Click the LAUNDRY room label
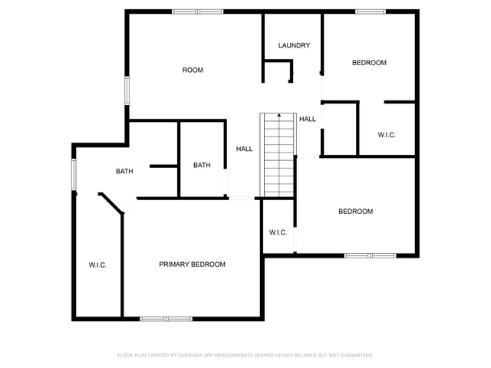pyautogui.click(x=294, y=45)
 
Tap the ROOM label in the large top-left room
pyautogui.click(x=193, y=70)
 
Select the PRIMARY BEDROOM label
pyautogui.click(x=192, y=264)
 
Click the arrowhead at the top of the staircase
pyautogui.click(x=279, y=115)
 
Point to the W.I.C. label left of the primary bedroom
pyautogui.click(x=97, y=265)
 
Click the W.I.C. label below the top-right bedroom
pyautogui.click(x=387, y=135)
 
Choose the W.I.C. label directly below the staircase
pyautogui.click(x=278, y=232)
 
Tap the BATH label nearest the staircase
pyautogui.click(x=202, y=166)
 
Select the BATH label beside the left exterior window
pyautogui.click(x=124, y=171)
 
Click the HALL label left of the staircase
pyautogui.click(x=244, y=149)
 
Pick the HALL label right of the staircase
pyautogui.click(x=308, y=119)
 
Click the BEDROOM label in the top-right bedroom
pyautogui.click(x=369, y=63)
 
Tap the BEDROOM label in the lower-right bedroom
pyautogui.click(x=356, y=212)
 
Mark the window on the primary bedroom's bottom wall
pyautogui.click(x=166, y=319)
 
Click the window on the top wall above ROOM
pyautogui.click(x=198, y=11)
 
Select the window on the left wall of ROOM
pyautogui.click(x=127, y=90)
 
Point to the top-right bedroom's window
pyautogui.click(x=371, y=11)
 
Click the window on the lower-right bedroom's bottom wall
pyautogui.click(x=370, y=255)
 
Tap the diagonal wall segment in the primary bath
pyautogui.click(x=111, y=203)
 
